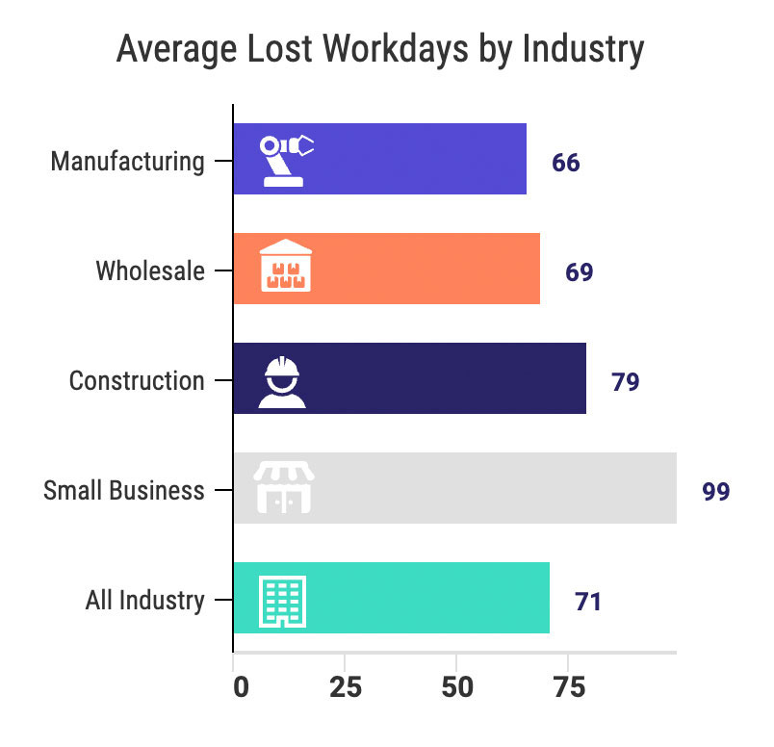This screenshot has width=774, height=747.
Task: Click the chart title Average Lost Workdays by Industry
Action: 379,49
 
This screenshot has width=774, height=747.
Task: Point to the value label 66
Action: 566,162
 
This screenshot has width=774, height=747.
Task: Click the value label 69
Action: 579,272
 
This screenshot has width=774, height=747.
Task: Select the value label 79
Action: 625,382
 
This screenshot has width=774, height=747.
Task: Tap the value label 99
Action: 715,492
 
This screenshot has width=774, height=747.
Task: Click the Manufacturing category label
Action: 128,161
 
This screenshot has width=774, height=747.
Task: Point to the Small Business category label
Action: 124,490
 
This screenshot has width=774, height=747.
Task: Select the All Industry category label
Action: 145,602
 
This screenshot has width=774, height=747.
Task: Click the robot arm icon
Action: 287,159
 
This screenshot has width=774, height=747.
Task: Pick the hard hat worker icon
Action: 282,380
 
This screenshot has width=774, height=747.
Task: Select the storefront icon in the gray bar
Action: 284,487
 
